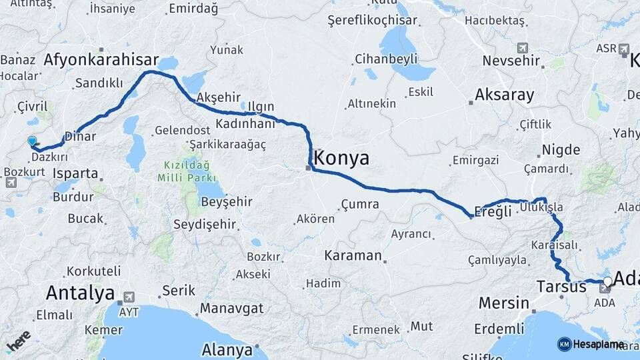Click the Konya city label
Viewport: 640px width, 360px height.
point(341,158)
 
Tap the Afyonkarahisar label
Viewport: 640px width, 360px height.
point(101,59)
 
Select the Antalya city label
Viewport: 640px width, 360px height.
point(81,293)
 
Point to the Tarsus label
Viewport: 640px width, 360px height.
point(561,287)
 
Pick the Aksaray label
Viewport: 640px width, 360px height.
point(505,95)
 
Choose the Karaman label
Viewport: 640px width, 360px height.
point(353,255)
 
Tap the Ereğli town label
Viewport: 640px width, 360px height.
point(493,211)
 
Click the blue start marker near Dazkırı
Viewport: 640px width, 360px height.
point(32,141)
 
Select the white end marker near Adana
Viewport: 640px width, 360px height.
point(608,281)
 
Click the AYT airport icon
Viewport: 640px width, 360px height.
point(129,297)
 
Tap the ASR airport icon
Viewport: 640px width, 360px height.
point(624,49)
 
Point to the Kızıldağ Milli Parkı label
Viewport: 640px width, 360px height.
point(187,171)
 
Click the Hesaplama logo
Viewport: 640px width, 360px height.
point(590,344)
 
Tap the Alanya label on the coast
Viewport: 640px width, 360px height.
point(227,350)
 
